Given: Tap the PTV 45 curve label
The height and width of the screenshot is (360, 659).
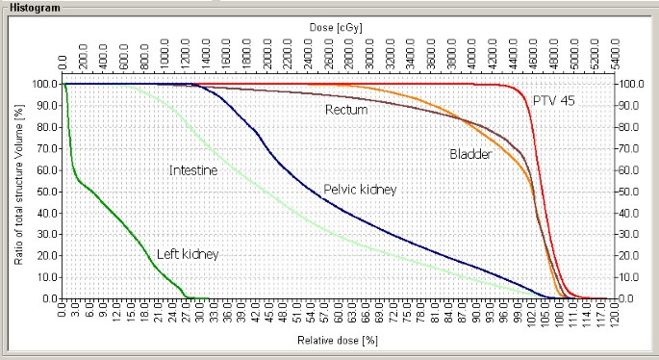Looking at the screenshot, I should coord(555,100).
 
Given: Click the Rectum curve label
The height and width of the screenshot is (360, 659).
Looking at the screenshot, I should coord(346,110).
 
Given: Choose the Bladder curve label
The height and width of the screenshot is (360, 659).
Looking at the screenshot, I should coord(471,154).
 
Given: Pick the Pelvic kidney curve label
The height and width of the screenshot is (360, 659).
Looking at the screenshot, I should coord(360,190).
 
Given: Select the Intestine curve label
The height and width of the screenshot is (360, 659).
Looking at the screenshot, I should coord(192,170).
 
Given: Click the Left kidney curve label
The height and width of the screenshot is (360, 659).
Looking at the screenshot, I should coord(187,254).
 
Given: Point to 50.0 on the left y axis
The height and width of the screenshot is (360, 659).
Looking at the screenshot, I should coord(43,192).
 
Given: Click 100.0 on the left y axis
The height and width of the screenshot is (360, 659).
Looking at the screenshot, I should coord(41,84).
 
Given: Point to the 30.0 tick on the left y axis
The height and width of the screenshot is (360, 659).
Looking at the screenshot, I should coord(43,235).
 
